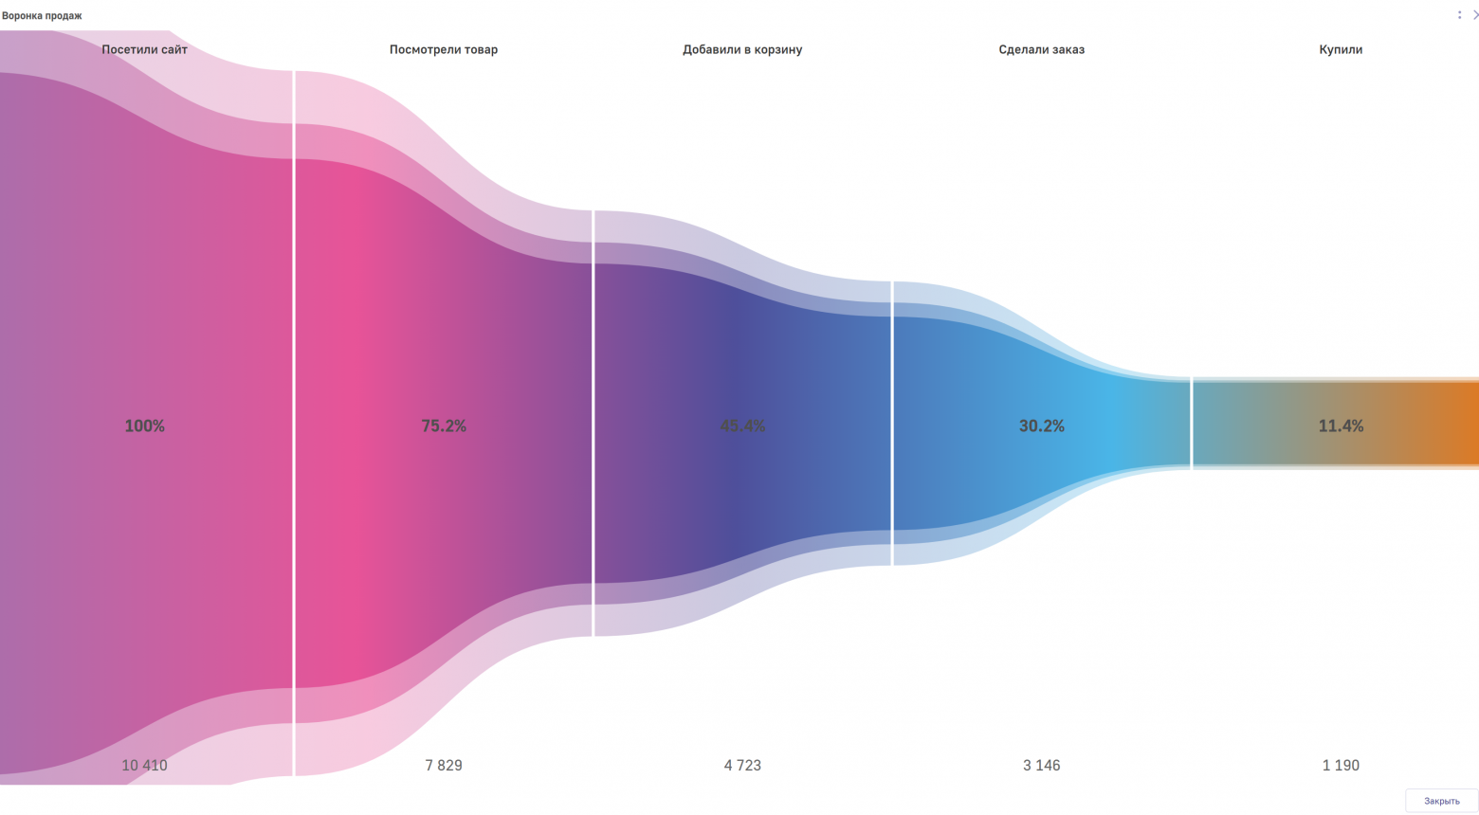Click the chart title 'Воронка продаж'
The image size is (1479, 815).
tap(42, 16)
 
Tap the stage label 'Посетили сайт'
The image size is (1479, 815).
tap(145, 49)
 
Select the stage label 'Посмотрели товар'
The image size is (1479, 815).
tap(444, 49)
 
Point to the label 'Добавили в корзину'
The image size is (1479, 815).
tap(742, 49)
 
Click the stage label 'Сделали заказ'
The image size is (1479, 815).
tap(1041, 49)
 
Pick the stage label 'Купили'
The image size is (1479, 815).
tap(1341, 49)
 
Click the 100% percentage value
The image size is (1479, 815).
tap(145, 426)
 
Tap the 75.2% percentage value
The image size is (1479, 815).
tap(444, 426)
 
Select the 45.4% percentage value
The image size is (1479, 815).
tap(742, 426)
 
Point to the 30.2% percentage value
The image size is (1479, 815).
tap(1041, 426)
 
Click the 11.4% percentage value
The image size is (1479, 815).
tap(1341, 426)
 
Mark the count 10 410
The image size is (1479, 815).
tap(144, 765)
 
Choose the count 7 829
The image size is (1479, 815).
tap(444, 765)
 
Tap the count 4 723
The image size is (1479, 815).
tap(742, 765)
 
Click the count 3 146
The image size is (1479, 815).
tap(1041, 765)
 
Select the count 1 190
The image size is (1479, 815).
tap(1341, 765)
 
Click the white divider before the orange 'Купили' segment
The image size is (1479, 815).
tap(1192, 424)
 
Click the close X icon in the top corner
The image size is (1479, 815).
tap(1474, 15)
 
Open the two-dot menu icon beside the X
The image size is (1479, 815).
tap(1459, 15)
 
